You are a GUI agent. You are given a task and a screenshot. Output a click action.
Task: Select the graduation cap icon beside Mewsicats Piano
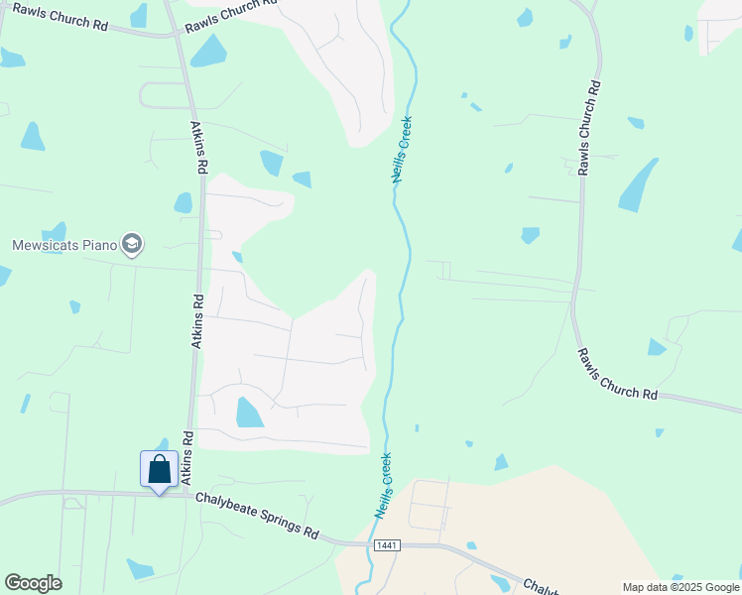(x=131, y=244)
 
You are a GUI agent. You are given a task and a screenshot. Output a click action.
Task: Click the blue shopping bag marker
(x=159, y=470)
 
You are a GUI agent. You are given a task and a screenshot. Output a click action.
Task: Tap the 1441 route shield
(x=388, y=545)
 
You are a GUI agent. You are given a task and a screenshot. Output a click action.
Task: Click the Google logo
(x=33, y=583)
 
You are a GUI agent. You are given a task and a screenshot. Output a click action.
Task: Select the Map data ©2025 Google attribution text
(x=680, y=587)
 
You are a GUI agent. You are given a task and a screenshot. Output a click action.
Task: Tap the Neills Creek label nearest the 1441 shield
(x=383, y=486)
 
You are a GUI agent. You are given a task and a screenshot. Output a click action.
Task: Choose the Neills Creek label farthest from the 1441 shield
(x=401, y=150)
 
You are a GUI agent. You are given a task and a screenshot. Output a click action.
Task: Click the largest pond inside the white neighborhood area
(x=249, y=412)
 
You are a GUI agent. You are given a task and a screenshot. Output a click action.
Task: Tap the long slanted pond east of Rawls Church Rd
(x=638, y=186)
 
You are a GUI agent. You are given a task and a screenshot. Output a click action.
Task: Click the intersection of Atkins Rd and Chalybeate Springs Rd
(x=187, y=493)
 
